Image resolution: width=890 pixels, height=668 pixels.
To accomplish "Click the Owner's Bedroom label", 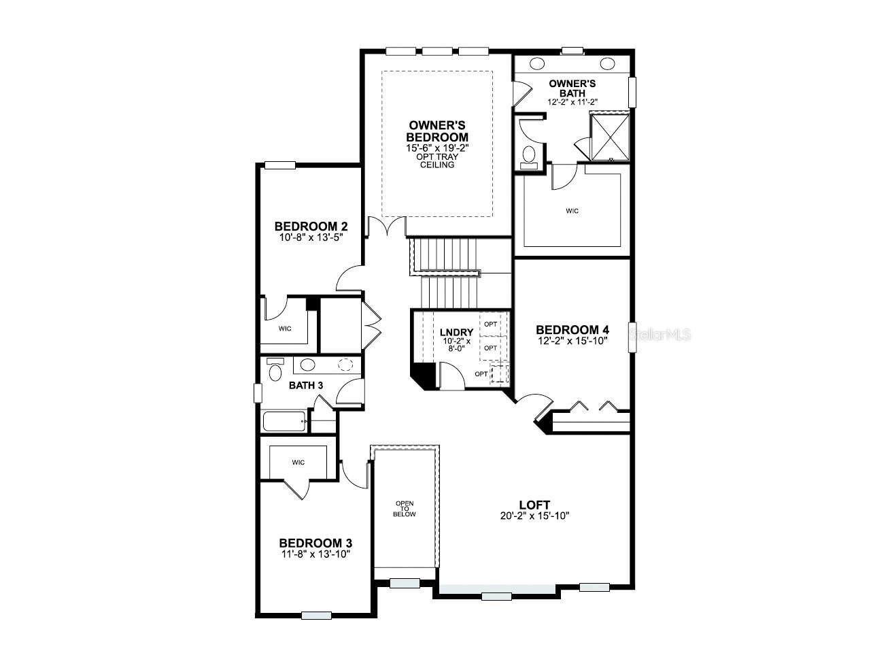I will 438,131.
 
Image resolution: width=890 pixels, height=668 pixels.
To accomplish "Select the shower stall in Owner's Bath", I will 609,137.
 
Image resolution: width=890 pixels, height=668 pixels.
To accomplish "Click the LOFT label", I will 534,505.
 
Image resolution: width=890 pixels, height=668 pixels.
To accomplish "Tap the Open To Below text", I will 404,509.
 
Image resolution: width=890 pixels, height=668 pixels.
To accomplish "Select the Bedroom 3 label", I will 315,543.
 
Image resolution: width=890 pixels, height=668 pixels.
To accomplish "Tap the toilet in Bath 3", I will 275,370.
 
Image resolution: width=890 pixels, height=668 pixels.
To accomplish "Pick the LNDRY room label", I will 456,333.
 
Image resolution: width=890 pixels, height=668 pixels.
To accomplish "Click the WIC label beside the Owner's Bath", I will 572,212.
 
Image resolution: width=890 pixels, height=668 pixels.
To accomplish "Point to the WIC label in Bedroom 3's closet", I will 298,463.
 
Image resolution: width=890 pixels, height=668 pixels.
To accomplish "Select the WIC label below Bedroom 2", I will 285,329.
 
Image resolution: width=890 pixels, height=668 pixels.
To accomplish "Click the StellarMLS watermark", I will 660,335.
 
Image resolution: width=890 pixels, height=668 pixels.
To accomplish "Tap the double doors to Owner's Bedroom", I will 386,227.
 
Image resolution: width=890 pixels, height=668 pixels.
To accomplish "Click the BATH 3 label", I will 306,385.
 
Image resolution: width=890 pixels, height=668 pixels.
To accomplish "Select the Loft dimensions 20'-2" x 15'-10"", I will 534,516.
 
